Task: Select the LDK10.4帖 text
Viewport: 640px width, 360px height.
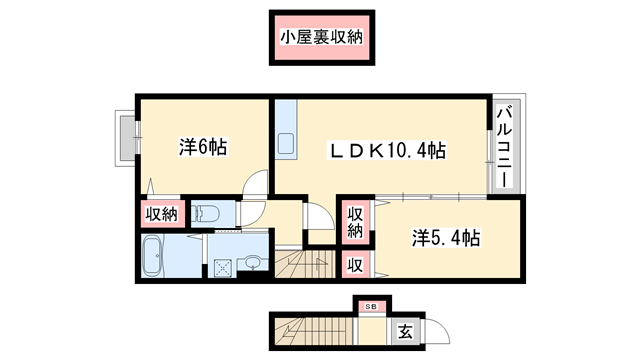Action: pos(389,150)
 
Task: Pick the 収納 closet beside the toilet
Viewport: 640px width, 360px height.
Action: pos(161,213)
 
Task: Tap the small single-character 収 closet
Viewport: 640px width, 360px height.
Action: pos(355,265)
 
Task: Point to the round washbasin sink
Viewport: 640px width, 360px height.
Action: pos(252,263)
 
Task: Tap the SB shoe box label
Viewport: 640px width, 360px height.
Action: pos(371,306)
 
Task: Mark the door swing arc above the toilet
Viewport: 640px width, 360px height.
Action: pos(258,185)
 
